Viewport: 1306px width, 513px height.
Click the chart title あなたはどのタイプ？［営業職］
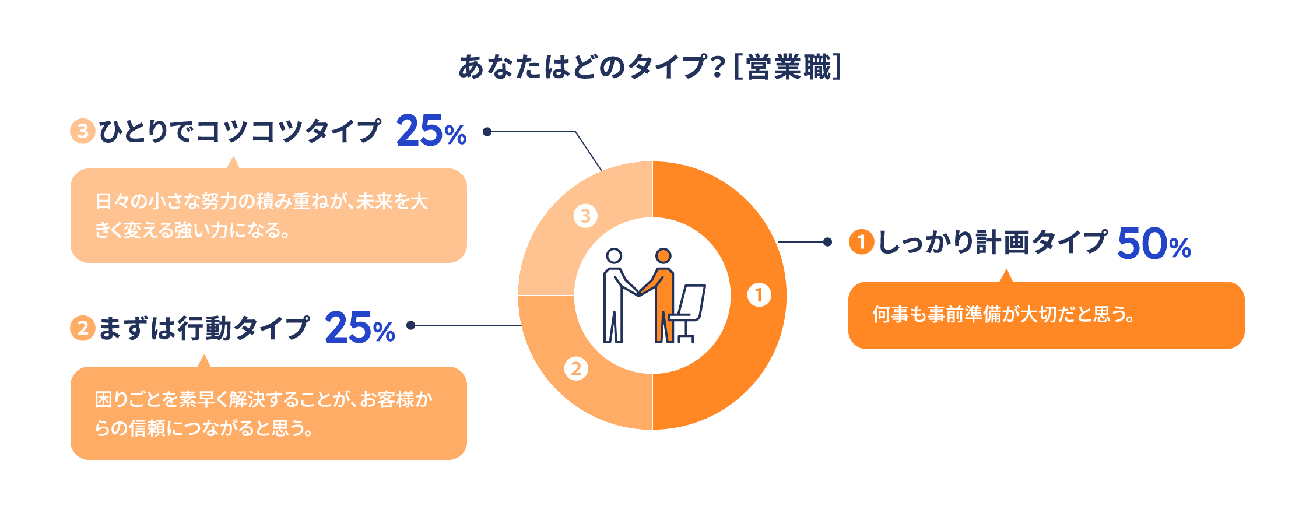pos(650,67)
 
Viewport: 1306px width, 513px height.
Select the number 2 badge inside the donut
pos(576,368)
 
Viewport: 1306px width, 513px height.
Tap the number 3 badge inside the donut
pos(585,216)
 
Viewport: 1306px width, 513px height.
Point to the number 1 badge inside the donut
pos(759,295)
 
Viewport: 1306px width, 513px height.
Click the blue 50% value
pos(1154,244)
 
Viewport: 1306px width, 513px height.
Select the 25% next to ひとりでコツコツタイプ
pos(431,131)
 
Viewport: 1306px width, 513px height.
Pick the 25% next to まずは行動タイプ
pos(360,328)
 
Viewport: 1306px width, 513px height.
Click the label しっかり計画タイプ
pos(992,243)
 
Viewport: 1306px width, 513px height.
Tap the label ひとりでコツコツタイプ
pos(240,131)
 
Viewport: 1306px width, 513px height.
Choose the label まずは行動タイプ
pos(203,328)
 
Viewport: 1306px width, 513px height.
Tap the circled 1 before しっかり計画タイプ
pos(861,243)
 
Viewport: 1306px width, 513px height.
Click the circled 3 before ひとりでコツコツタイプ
pos(83,131)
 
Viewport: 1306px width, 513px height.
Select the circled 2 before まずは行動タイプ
pos(83,328)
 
